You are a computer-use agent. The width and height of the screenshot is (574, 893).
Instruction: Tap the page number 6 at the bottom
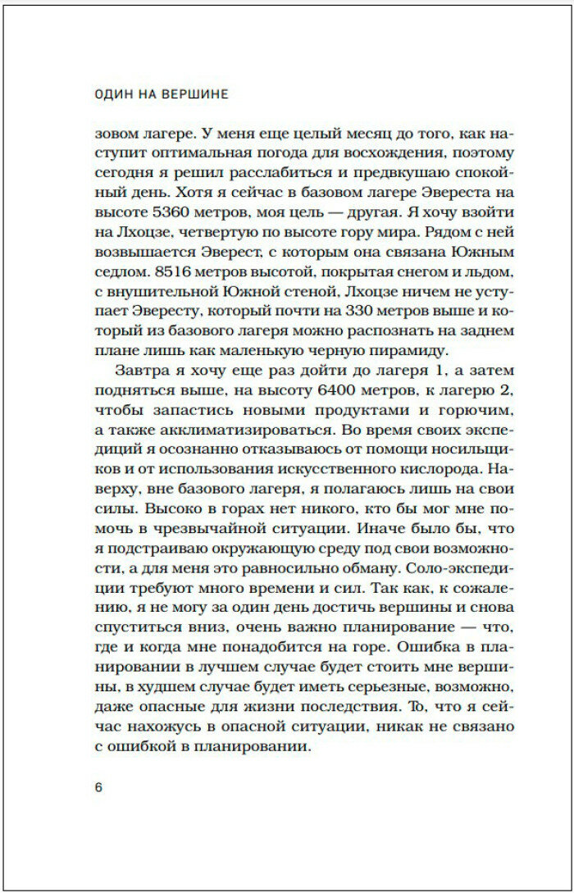[99, 788]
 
